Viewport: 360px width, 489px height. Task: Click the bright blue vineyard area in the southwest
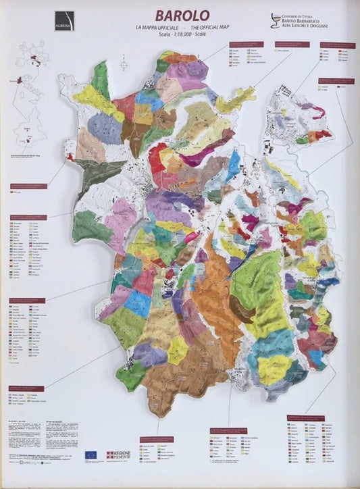tap(137, 303)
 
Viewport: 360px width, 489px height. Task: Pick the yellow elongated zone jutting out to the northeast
tap(235, 100)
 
